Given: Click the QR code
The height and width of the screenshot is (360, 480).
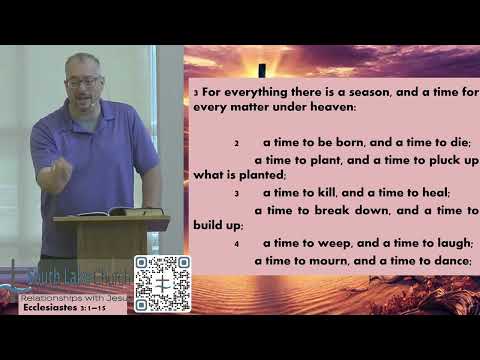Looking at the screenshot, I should click(x=162, y=283).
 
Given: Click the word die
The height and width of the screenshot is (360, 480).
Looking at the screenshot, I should click(x=461, y=142).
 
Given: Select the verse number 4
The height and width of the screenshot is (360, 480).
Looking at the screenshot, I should click(x=236, y=243).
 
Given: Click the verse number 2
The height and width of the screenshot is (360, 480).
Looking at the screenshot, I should click(x=236, y=143).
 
